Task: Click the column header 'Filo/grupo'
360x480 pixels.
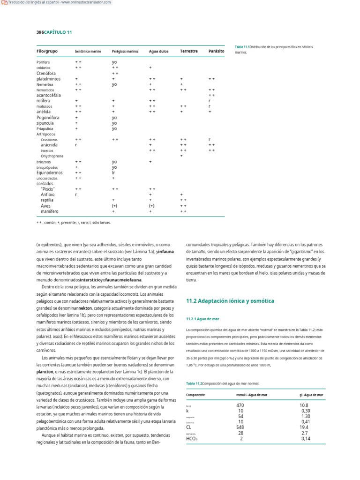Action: click(47, 51)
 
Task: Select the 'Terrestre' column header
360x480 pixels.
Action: click(189, 51)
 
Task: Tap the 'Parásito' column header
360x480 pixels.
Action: click(216, 51)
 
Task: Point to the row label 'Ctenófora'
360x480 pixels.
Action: click(46, 73)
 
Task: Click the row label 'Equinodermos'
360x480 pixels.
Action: click(49, 172)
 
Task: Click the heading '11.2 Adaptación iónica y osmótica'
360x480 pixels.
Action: click(230, 301)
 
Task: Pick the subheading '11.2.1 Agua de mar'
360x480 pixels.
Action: click(202, 319)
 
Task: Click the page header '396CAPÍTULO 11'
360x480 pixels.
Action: click(54, 32)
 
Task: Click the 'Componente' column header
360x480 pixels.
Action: click(195, 395)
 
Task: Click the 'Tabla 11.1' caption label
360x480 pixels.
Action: click(242, 47)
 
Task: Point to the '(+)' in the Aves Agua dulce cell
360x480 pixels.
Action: click(152, 206)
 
